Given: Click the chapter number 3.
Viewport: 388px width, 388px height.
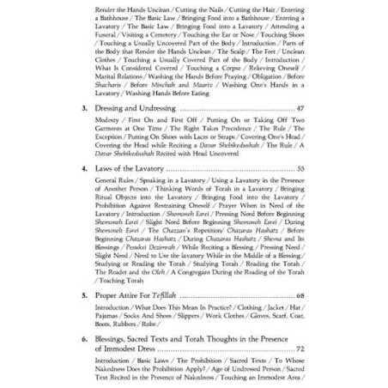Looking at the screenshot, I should pyautogui.click(x=84, y=109).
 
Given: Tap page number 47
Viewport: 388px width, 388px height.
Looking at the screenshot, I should pyautogui.click(x=300, y=109).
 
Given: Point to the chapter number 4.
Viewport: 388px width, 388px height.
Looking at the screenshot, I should pyautogui.click(x=84, y=169).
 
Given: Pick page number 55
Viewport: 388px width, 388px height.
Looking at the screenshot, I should pyautogui.click(x=300, y=169).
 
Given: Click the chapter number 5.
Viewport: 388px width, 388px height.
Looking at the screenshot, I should pyautogui.click(x=84, y=294).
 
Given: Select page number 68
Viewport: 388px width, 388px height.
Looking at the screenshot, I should pyautogui.click(x=300, y=294).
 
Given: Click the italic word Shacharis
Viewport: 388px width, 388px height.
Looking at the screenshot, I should pyautogui.click(x=110, y=84).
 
